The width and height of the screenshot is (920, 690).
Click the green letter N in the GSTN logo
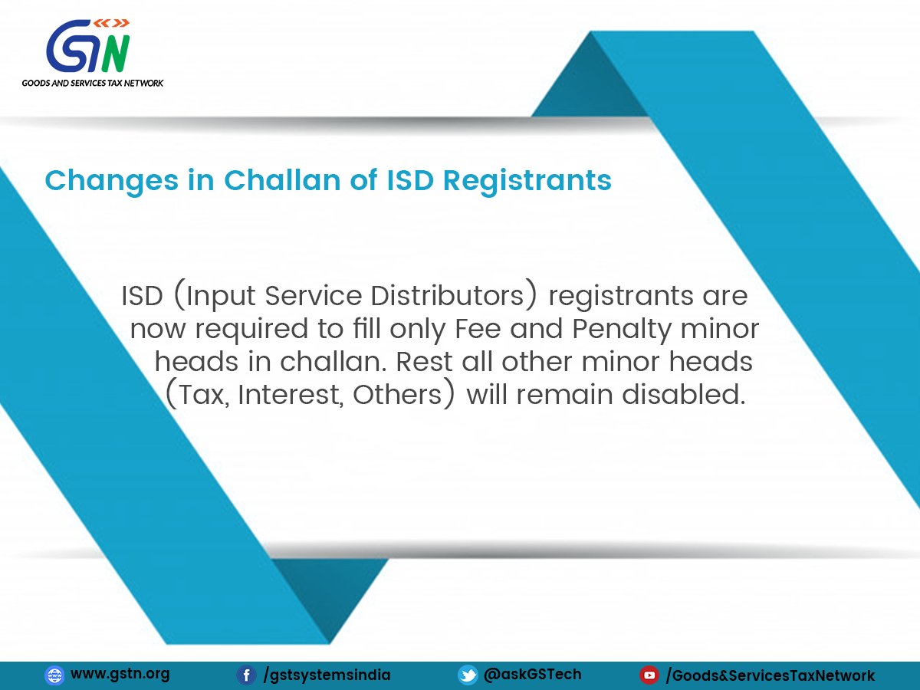(116, 53)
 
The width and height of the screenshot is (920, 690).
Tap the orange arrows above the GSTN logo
(111, 23)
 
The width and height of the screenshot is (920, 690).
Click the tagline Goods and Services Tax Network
(93, 83)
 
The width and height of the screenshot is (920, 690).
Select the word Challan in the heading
(282, 180)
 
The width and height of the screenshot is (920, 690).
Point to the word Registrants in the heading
(527, 182)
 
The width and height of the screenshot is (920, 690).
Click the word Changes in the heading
(111, 182)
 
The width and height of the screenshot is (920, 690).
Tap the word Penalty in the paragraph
(622, 330)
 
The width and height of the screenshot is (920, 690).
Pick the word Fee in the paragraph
(478, 328)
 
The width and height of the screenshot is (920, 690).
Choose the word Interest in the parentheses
(290, 395)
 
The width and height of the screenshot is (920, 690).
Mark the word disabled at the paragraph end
(684, 394)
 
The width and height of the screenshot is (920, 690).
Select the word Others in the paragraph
(397, 395)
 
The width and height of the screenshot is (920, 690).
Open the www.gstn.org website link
(120, 674)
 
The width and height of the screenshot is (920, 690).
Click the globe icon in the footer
(54, 675)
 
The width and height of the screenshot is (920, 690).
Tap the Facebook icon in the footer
(246, 675)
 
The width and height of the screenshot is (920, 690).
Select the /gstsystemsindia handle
(327, 675)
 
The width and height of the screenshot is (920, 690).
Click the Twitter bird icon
(468, 675)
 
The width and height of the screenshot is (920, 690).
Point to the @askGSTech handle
(532, 675)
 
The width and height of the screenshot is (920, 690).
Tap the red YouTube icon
(649, 675)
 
